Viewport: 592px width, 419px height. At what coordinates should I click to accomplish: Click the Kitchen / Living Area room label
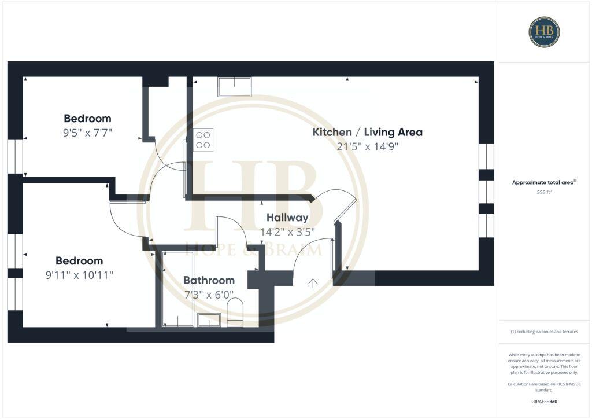367,132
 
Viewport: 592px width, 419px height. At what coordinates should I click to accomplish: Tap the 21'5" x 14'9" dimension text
367,146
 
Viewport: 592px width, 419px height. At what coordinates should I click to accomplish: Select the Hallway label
287,218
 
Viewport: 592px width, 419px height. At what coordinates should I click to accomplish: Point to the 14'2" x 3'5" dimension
287,232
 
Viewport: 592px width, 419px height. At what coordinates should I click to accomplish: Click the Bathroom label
209,280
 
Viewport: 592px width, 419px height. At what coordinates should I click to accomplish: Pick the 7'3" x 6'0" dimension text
209,294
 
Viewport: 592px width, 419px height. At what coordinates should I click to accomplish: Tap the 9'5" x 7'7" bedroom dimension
87,133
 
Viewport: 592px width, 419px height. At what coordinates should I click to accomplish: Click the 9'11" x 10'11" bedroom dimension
79,275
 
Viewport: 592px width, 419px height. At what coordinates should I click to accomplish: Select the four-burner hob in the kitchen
203,140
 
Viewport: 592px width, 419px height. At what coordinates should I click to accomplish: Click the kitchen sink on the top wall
234,87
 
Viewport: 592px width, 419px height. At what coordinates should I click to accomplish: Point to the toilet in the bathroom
235,312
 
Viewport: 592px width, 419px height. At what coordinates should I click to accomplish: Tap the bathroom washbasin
209,319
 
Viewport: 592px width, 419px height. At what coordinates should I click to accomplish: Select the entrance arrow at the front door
312,283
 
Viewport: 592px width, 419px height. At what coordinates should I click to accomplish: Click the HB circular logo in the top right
544,31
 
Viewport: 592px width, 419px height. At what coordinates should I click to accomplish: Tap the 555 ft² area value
545,192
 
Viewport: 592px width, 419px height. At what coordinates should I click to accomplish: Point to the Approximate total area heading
545,182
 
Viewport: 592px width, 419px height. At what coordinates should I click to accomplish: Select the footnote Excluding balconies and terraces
545,332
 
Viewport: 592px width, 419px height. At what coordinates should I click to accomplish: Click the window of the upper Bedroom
15,156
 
